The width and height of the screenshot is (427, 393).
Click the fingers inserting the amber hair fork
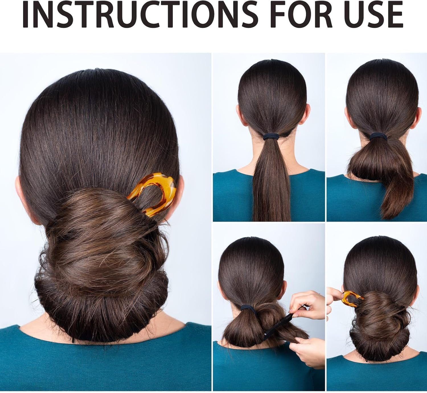click(x=334, y=295)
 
